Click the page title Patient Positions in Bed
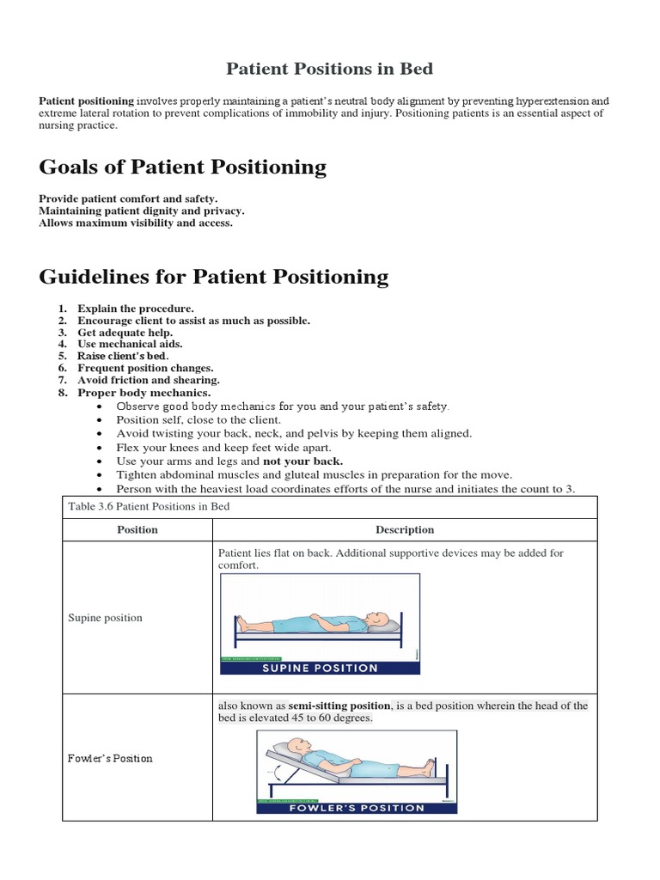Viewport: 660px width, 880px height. (330, 68)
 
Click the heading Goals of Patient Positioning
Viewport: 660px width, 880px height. (182, 167)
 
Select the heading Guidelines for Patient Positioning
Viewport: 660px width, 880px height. (214, 277)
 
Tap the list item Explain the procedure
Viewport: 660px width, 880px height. (136, 308)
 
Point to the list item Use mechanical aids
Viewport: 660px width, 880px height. (130, 344)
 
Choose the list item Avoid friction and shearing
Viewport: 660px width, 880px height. (149, 380)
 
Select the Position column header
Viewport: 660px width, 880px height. (137, 529)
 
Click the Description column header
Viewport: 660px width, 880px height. (405, 529)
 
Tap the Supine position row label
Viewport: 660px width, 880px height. (105, 618)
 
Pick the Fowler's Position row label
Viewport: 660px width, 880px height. (110, 758)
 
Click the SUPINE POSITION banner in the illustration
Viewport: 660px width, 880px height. (320, 668)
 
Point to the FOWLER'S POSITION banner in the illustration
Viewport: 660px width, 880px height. (357, 808)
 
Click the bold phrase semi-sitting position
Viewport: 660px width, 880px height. (339, 706)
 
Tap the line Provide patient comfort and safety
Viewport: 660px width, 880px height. (128, 199)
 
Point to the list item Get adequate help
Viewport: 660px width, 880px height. (125, 332)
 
